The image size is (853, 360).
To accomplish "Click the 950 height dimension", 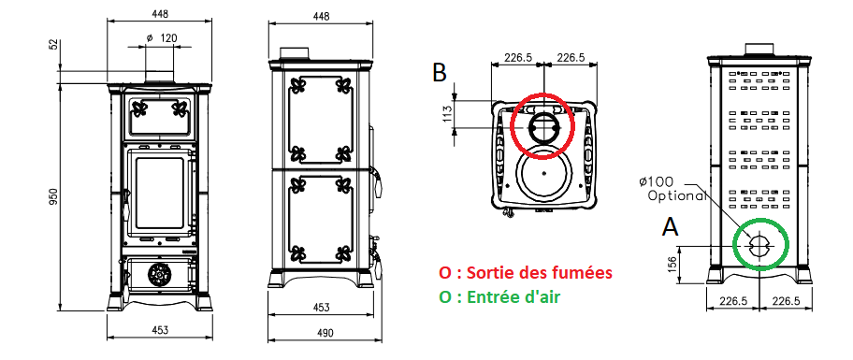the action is coord(53,196).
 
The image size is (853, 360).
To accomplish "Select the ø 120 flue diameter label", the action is coord(162,38).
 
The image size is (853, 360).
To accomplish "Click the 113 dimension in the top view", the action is coord(448,114).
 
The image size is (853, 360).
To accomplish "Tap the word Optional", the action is coord(677,195).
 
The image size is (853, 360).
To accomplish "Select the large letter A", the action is coord(671,227).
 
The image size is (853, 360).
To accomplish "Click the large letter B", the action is coord(440,72).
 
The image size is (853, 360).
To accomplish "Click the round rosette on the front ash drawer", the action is coord(158,275).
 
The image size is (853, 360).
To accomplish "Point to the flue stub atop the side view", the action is coord(295,52).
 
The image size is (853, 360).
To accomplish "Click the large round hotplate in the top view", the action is coord(544,174).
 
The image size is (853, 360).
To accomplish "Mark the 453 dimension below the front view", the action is coord(159,329).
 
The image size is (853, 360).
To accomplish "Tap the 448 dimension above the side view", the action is coord(322,16).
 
